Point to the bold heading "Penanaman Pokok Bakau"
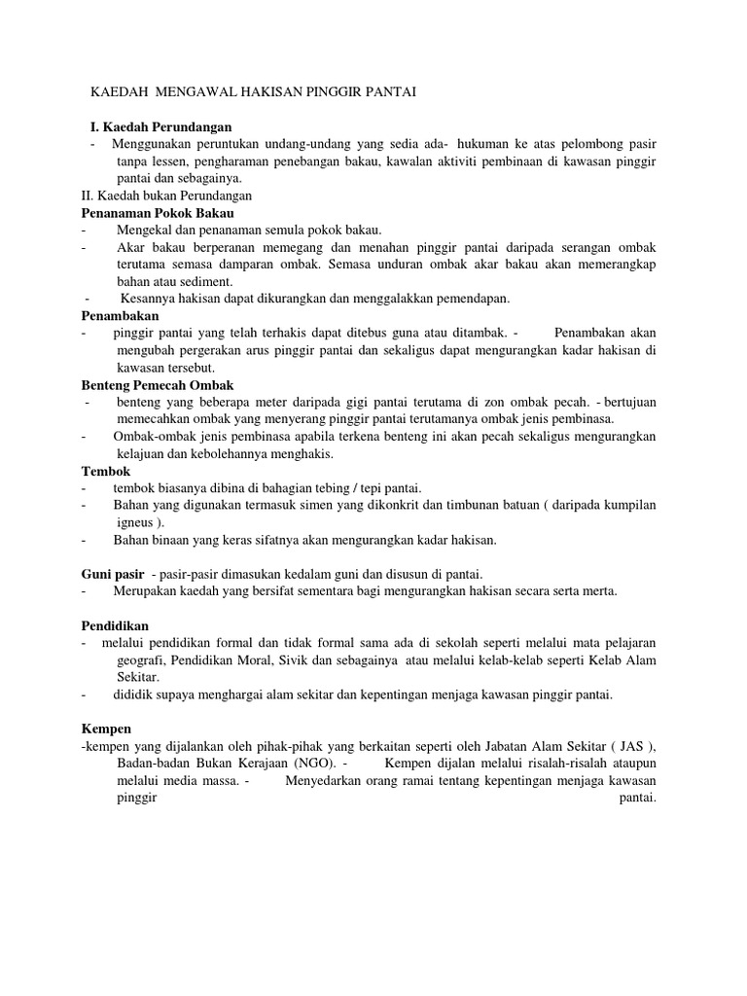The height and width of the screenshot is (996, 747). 158,212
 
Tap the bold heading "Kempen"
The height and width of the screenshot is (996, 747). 106,728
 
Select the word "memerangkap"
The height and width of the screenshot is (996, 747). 614,265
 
